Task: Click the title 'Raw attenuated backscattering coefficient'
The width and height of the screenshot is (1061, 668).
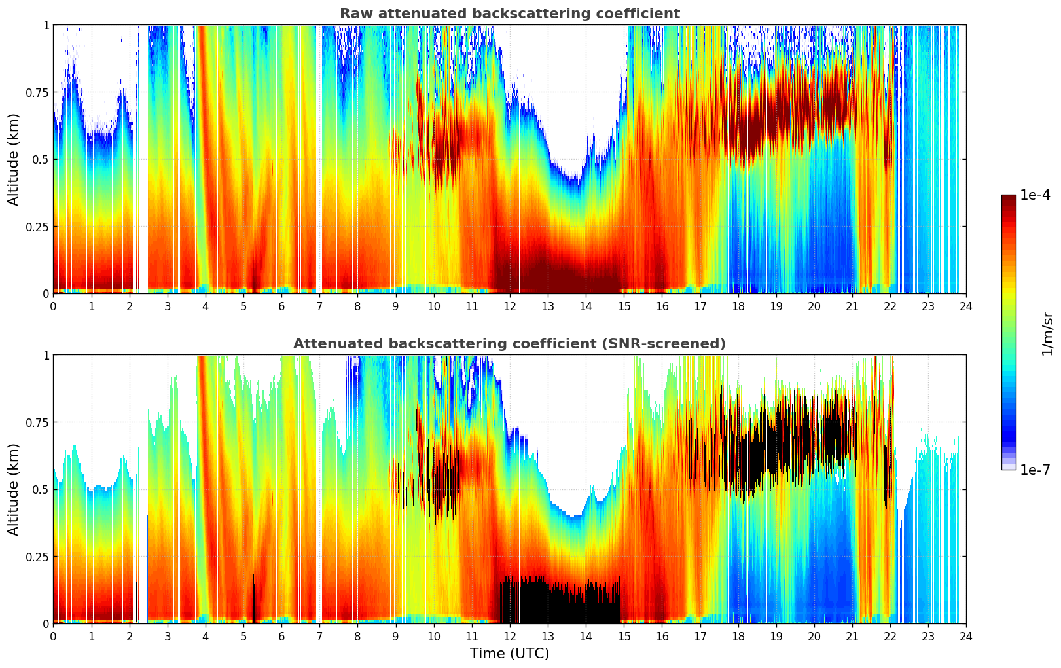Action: click(509, 14)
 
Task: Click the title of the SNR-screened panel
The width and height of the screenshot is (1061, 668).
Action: click(509, 344)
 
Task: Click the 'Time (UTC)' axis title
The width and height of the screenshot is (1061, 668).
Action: click(509, 654)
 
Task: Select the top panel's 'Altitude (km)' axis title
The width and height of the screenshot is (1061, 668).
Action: click(13, 159)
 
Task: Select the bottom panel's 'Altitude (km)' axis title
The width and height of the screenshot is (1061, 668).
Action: click(13, 489)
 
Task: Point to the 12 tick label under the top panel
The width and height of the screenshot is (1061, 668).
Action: click(509, 306)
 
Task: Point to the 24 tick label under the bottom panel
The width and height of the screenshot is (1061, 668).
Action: click(966, 636)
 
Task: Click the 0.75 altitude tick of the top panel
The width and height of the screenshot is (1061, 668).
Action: click(37, 92)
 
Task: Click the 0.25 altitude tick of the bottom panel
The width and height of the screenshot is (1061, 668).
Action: click(37, 557)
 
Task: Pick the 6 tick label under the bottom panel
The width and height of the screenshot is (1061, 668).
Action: click(281, 636)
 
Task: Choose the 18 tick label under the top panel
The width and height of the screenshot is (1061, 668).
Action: click(738, 306)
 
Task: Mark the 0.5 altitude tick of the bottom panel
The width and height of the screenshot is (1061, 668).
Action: click(40, 489)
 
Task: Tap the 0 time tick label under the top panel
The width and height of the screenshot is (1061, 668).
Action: click(53, 306)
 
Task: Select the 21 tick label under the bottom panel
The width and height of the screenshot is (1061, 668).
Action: click(852, 636)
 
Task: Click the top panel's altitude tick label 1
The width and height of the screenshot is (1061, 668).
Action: click(46, 25)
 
